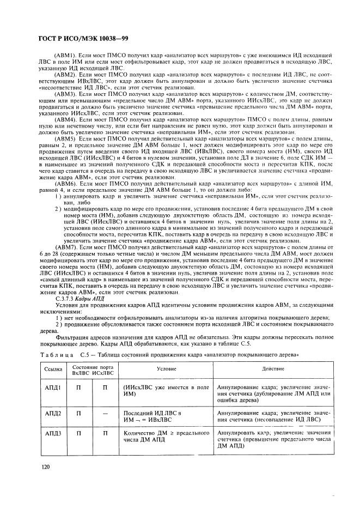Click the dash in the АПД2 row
coord(104,413)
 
